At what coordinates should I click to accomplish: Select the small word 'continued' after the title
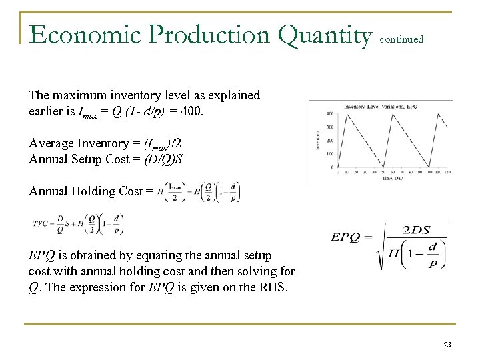(401, 39)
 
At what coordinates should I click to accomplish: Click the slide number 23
(447, 343)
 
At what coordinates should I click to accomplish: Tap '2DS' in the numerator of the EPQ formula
(416, 230)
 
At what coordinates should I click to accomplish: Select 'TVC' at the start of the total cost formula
(39, 225)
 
